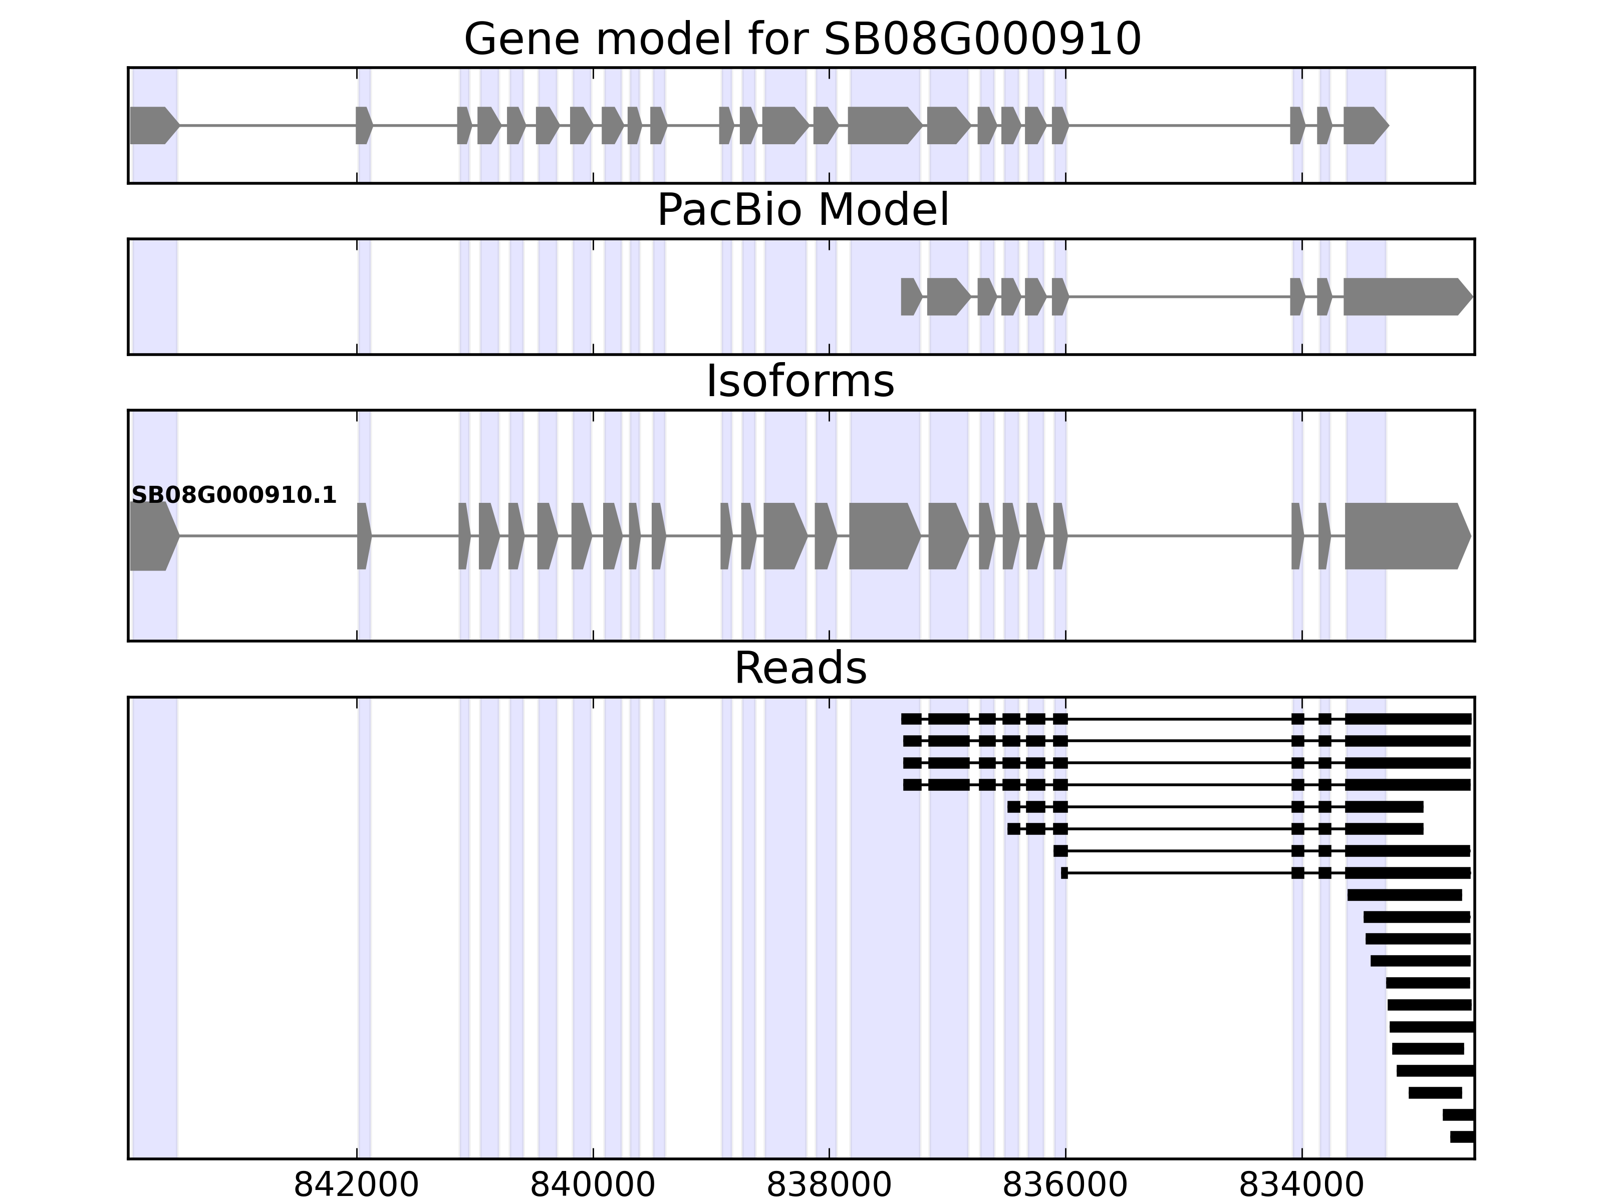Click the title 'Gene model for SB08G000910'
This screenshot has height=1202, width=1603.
coord(801,39)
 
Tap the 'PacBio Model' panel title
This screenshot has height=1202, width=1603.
coord(801,210)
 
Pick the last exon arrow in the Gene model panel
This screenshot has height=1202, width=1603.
coord(1365,125)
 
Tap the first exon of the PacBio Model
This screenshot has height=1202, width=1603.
coord(911,296)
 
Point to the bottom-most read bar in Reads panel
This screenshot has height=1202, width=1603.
coord(1462,1137)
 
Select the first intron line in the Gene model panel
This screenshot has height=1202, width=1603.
coord(266,125)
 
